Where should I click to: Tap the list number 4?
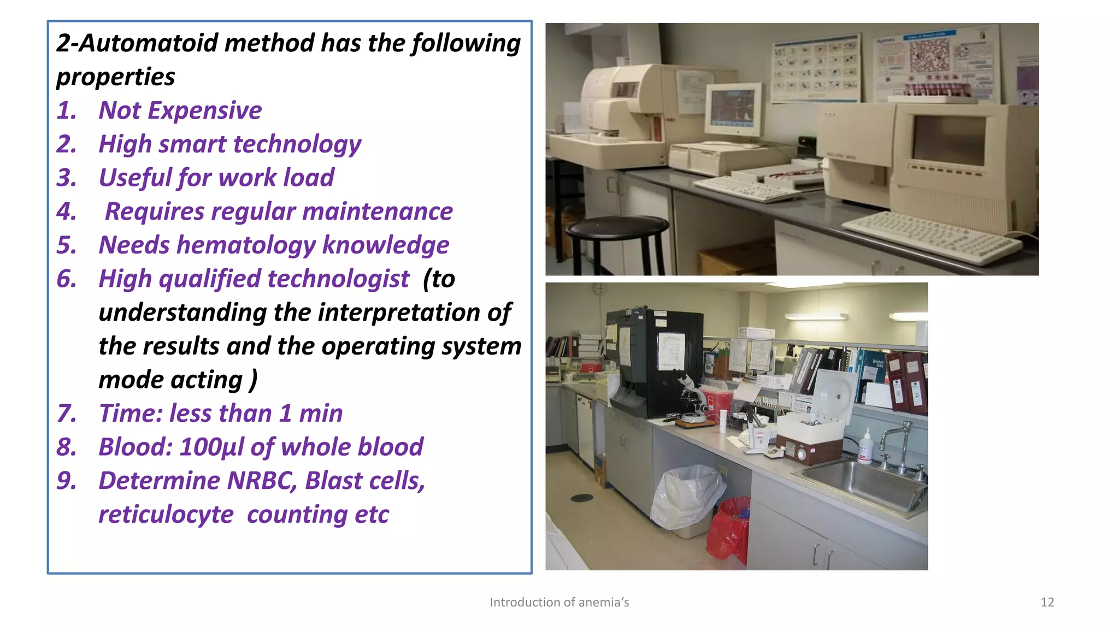tap(66, 211)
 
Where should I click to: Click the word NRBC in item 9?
tap(261, 481)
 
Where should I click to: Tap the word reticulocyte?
tap(166, 515)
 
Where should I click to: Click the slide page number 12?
tap(1047, 602)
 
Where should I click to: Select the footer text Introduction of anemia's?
tap(559, 602)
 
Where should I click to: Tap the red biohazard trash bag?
tap(728, 530)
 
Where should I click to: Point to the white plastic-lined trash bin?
tap(686, 497)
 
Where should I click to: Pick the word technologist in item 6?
tap(338, 279)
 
